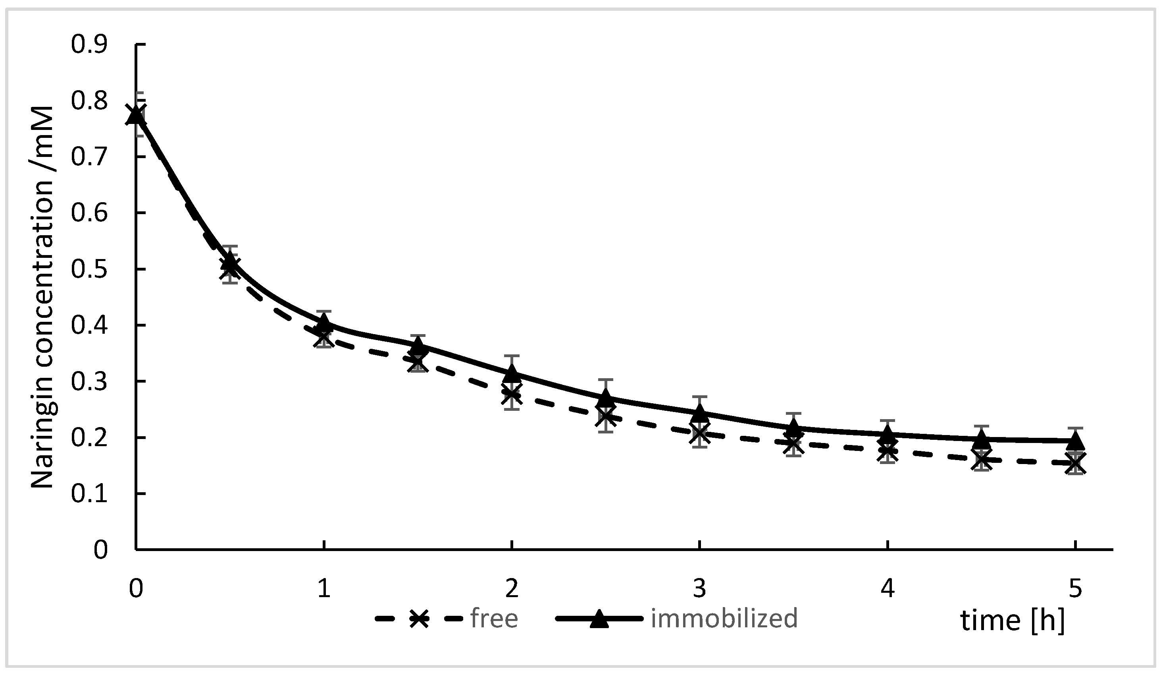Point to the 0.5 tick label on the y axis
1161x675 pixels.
89,269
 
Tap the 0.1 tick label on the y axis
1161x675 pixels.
89,494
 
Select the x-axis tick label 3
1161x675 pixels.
699,589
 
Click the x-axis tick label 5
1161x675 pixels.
1075,589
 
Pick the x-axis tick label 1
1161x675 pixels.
324,589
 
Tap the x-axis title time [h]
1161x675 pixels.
1013,621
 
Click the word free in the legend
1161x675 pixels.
494,619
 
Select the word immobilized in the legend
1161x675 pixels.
724,619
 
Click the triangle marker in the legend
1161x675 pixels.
599,619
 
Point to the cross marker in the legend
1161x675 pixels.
419,619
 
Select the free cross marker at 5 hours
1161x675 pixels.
1075,463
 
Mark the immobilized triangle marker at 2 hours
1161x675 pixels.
512,373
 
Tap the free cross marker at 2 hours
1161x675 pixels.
512,395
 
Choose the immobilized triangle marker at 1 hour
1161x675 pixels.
324,321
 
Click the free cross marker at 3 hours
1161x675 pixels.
699,433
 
